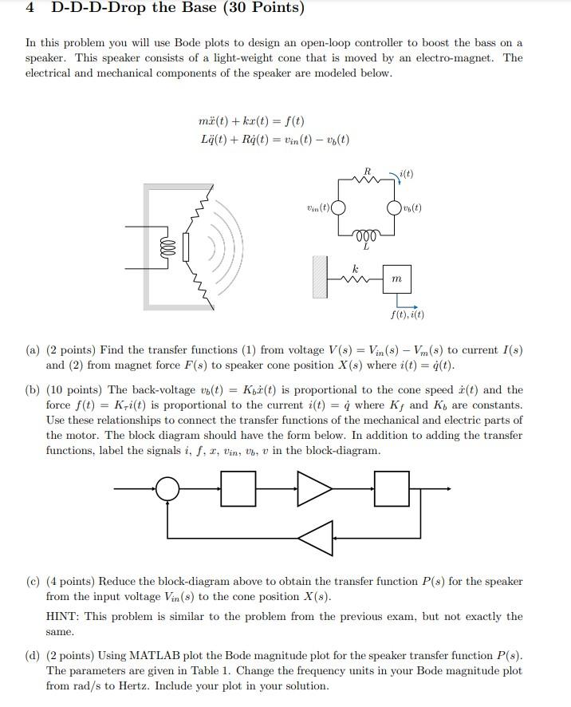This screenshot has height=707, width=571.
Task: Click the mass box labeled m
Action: pyautogui.click(x=397, y=279)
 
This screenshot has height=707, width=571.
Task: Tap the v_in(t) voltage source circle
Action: pyautogui.click(x=338, y=209)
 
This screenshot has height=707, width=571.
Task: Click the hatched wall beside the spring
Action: pyautogui.click(x=320, y=276)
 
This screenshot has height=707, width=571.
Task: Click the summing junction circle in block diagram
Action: pyautogui.click(x=167, y=488)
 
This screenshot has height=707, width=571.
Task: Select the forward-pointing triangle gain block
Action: pyautogui.click(x=314, y=488)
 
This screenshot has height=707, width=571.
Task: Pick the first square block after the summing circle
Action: pyautogui.click(x=238, y=488)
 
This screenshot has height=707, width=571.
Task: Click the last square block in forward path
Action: pyautogui.click(x=391, y=488)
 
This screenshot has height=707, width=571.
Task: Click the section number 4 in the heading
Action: pyautogui.click(x=30, y=9)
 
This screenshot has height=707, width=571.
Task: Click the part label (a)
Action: pyautogui.click(x=33, y=350)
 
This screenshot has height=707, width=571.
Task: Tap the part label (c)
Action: pyautogui.click(x=33, y=582)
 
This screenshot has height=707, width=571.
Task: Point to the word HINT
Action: pyautogui.click(x=64, y=617)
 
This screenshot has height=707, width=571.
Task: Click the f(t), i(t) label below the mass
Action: pyautogui.click(x=408, y=314)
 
